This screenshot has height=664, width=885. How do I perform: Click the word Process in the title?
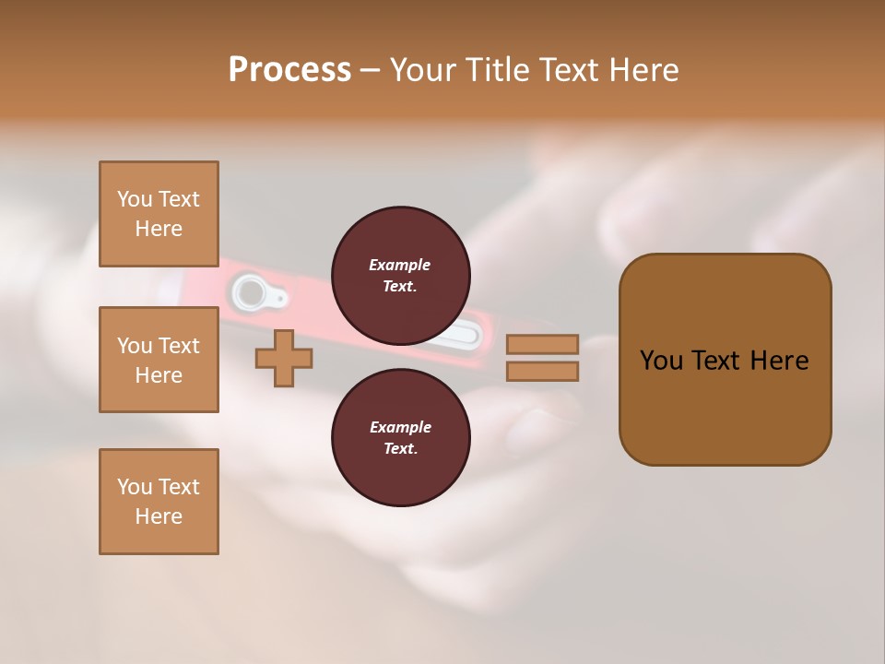[289, 70]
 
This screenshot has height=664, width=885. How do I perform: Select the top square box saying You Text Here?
[159, 214]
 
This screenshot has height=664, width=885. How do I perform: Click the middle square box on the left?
[159, 360]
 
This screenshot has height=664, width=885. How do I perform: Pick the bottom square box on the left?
[159, 502]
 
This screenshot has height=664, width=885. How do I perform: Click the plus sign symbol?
[284, 359]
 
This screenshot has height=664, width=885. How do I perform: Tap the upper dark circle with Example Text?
[400, 275]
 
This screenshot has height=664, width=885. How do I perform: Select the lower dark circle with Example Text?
[400, 437]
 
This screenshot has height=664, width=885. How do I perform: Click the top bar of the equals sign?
[542, 345]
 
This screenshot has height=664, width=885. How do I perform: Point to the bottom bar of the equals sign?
[542, 372]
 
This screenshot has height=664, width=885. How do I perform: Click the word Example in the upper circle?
[400, 265]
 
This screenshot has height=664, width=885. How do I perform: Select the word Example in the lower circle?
[400, 427]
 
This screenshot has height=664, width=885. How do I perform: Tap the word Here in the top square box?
[159, 229]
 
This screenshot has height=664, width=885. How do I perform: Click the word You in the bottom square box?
[133, 487]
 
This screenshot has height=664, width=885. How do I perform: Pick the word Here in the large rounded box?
[779, 361]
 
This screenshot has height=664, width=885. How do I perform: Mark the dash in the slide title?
[370, 70]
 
